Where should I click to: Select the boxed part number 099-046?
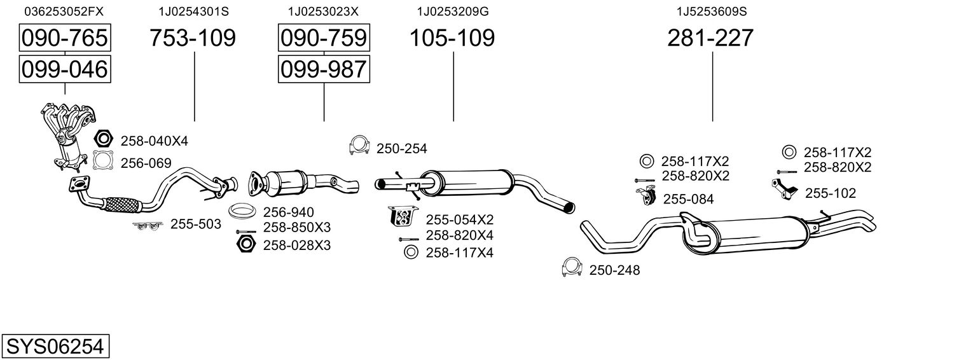pyautogui.click(x=64, y=69)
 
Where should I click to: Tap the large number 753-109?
pyautogui.click(x=193, y=38)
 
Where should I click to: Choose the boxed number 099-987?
pyautogui.click(x=323, y=69)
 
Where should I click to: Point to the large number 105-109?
pyautogui.click(x=452, y=38)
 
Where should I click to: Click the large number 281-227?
pyautogui.click(x=710, y=38)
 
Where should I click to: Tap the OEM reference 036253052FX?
pyautogui.click(x=64, y=11)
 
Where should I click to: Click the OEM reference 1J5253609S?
pyautogui.click(x=711, y=11)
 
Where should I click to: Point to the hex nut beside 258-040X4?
pyautogui.click(x=102, y=139)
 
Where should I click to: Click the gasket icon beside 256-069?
pyautogui.click(x=102, y=162)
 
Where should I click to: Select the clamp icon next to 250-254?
pyautogui.click(x=359, y=146)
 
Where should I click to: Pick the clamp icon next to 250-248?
pyautogui.click(x=572, y=269)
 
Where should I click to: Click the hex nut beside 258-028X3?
pyautogui.click(x=245, y=244)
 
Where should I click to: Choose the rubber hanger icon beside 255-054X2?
pyautogui.click(x=401, y=217)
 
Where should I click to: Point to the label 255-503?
pyautogui.click(x=195, y=224)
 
